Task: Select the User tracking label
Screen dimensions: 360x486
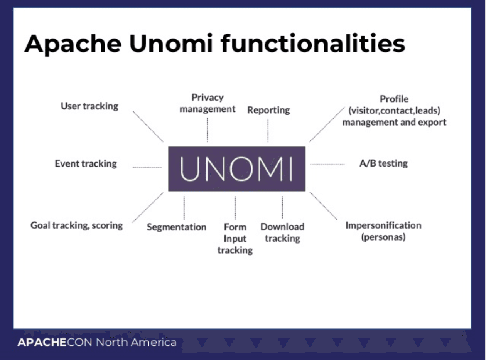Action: [89, 106]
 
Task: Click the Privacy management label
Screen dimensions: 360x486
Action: [208, 103]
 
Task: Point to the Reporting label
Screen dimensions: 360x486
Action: [268, 110]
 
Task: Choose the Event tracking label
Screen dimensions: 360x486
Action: [86, 163]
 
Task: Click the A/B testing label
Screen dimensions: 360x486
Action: [383, 163]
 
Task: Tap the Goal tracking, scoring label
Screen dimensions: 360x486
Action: [77, 225]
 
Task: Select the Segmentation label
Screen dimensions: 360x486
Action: [177, 227]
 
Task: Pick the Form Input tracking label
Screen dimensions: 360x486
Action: [235, 239]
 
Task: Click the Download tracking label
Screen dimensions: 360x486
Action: [282, 232]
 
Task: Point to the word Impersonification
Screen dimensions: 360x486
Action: [383, 225]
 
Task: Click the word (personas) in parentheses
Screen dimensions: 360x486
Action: [383, 237]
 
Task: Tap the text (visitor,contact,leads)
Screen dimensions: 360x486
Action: [394, 111]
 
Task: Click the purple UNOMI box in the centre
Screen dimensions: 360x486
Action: [236, 168]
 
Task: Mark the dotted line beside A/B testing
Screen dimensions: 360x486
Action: [327, 165]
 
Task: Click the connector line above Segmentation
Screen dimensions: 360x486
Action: [184, 208]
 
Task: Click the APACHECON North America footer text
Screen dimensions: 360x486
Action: [97, 342]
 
